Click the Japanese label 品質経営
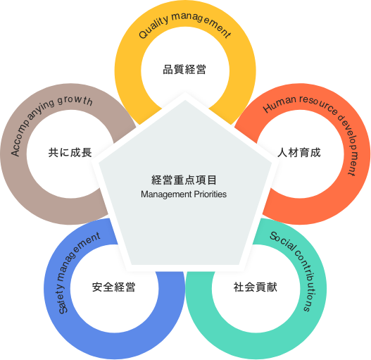point(184,70)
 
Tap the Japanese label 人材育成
point(299,152)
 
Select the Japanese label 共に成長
point(70,152)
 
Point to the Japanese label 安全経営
point(114,287)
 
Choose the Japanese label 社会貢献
point(256,287)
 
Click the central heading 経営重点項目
point(184,180)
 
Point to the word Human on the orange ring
point(279,104)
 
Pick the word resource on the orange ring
point(318,104)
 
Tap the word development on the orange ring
point(350,144)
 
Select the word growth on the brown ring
point(75,101)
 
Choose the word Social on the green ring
point(283,241)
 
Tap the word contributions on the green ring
point(307,280)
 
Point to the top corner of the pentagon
point(185,100)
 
